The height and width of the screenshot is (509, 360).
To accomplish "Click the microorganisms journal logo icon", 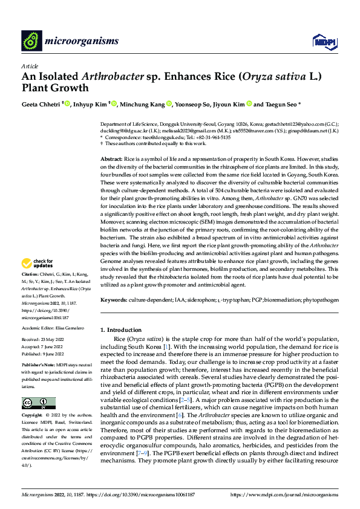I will [30, 41].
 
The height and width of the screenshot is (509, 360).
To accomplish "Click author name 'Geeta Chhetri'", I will [41, 104].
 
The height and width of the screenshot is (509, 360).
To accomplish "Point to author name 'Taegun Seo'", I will [278, 104].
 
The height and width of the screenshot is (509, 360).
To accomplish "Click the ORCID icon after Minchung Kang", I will [169, 104].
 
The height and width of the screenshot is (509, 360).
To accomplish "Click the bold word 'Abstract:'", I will [112, 157].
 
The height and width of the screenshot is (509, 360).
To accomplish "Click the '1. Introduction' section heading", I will [120, 330].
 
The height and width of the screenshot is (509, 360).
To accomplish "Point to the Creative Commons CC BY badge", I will [39, 403].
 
